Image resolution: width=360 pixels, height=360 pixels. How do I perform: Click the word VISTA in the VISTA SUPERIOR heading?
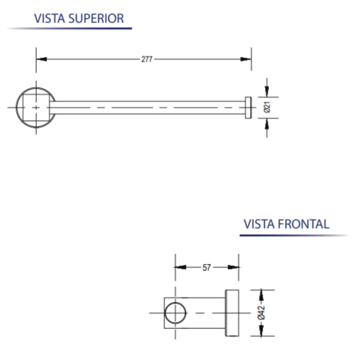pos(49,18)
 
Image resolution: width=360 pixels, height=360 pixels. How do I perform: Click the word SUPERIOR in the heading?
pos(96,18)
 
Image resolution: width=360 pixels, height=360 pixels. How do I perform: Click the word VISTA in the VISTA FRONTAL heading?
pos(259,224)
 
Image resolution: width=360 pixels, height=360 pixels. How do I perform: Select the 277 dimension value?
pos(147,59)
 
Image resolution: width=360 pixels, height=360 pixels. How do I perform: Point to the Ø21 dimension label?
pos(267,107)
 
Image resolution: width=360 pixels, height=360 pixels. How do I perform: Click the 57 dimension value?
pos(207,268)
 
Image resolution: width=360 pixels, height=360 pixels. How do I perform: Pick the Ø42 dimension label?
pos(261,313)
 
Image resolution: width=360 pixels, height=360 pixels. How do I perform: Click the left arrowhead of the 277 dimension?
pos(41,59)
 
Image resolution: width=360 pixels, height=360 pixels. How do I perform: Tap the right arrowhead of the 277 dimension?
pos(246,59)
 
